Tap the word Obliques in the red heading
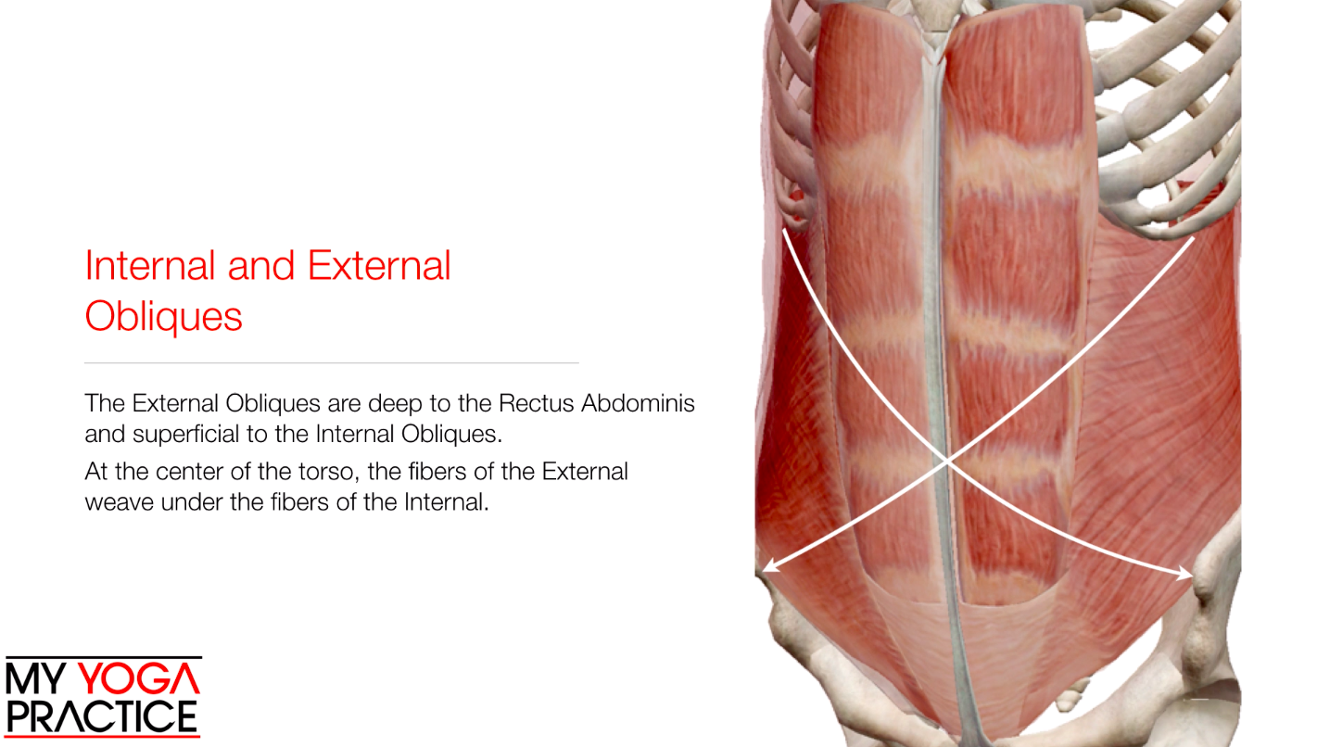(x=163, y=317)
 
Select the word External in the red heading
(x=379, y=266)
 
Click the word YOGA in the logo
(x=138, y=679)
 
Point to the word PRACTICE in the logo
(x=102, y=716)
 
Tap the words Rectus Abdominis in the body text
(x=597, y=404)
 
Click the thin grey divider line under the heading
(x=331, y=362)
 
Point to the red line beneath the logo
(x=103, y=737)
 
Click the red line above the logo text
(x=103, y=658)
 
